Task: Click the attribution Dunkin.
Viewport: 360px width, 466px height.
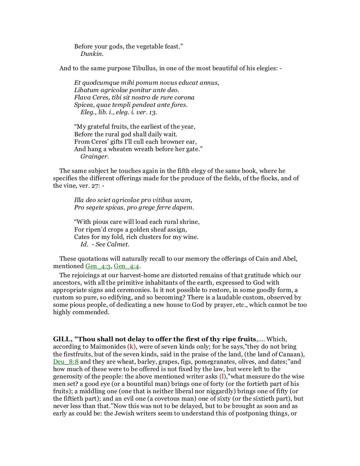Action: coord(92,54)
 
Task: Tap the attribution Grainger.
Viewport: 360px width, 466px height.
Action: coord(94,156)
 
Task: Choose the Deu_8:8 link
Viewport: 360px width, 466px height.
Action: coord(66,362)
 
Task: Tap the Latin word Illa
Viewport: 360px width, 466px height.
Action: coord(79,200)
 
